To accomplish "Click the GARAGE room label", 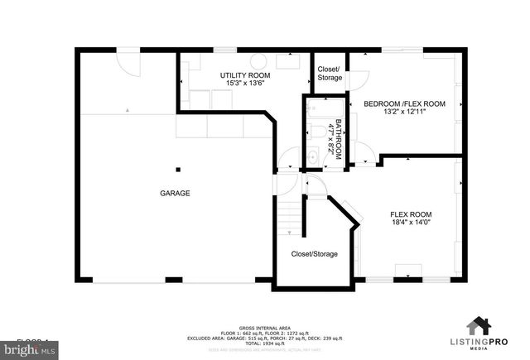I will click(x=175, y=193).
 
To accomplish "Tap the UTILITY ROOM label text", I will click(x=244, y=75).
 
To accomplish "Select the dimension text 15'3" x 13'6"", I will click(x=244, y=84).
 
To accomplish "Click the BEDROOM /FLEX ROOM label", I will click(x=405, y=103).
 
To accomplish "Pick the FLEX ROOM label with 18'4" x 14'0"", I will click(x=410, y=218).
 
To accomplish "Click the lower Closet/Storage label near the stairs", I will click(x=314, y=254).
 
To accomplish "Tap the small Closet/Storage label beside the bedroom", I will click(x=329, y=73).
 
